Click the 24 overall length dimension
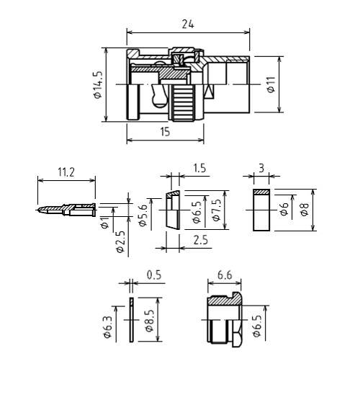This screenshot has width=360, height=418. [x=188, y=24]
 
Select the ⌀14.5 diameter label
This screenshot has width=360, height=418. [x=98, y=84]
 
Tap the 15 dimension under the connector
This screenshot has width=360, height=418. [x=165, y=132]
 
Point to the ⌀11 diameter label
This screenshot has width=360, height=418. [x=271, y=84]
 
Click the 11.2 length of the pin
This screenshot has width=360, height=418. [x=66, y=172]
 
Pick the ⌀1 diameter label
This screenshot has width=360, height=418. [x=105, y=222]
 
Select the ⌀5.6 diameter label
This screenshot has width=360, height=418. [x=143, y=215]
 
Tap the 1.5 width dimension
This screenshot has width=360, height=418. [x=199, y=168]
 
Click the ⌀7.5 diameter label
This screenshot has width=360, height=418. [x=217, y=210]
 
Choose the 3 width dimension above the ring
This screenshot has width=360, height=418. [x=261, y=168]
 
